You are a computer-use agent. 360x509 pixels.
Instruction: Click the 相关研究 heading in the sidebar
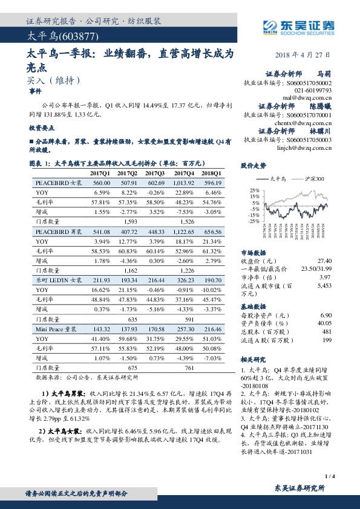253,358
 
